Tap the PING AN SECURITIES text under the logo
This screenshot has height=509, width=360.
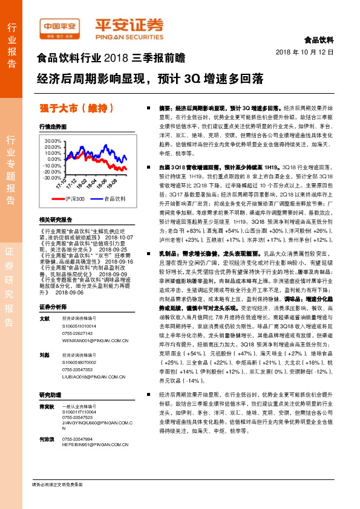tap(129, 34)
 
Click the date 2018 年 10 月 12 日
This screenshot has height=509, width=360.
tap(309, 52)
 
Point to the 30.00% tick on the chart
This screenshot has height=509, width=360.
tap(53, 140)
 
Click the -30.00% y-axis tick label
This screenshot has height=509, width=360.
tap(52, 178)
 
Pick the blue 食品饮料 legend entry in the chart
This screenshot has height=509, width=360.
tap(114, 198)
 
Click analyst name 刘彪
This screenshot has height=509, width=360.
tap(44, 355)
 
